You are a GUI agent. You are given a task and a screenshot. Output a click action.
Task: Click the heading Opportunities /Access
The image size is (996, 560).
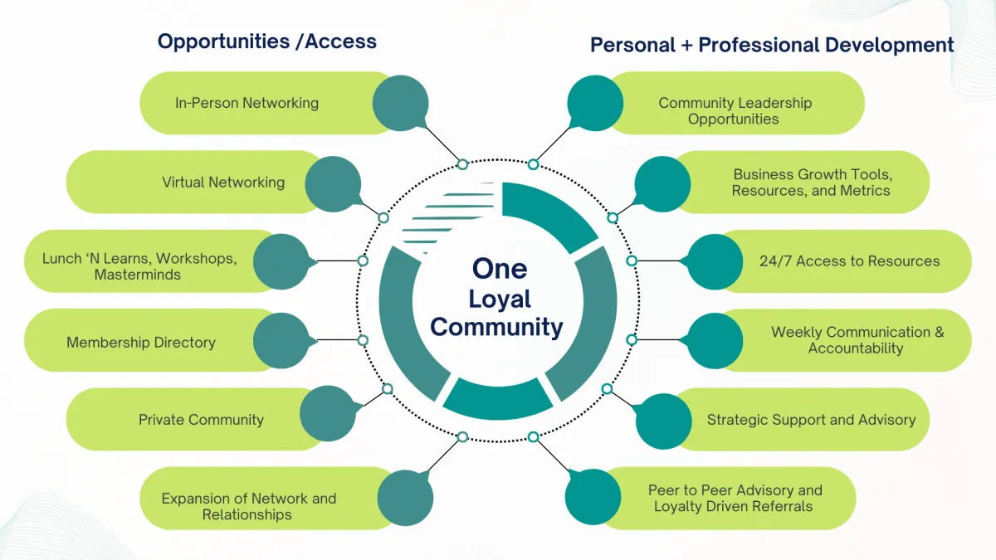click(266, 41)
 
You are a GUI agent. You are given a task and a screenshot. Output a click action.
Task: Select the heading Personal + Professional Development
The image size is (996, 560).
click(772, 45)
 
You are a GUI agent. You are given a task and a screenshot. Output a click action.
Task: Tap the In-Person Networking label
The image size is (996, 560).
click(247, 103)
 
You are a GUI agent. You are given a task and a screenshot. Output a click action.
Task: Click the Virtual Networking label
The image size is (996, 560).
click(223, 182)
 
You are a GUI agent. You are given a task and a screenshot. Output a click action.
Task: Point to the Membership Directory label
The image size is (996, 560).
click(141, 342)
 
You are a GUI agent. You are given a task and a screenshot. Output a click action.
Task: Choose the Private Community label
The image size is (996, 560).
click(201, 419)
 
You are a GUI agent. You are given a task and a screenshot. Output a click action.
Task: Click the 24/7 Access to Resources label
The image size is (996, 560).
click(849, 261)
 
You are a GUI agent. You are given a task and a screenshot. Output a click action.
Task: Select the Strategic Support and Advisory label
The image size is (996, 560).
click(811, 419)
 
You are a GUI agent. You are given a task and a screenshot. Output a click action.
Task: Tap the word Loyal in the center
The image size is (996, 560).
click(500, 299)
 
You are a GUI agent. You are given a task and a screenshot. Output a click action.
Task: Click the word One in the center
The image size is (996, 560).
click(500, 268)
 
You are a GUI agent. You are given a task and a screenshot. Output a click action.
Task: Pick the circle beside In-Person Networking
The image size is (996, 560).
click(400, 103)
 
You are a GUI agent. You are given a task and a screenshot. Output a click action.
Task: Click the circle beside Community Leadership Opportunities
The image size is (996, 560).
click(595, 103)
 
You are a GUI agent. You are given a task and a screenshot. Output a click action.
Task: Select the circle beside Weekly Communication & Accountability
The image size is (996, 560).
click(715, 340)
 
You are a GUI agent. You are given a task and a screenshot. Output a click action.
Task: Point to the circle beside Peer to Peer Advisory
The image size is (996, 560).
click(593, 497)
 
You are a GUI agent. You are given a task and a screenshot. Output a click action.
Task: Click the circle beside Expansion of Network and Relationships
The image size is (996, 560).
click(405, 498)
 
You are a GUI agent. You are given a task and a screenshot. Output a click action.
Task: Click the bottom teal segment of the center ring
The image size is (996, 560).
click(498, 397)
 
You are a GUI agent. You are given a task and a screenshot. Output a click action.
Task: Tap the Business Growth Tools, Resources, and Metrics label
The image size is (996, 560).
click(811, 183)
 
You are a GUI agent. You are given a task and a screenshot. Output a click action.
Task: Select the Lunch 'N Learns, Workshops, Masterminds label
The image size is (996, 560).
click(139, 266)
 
